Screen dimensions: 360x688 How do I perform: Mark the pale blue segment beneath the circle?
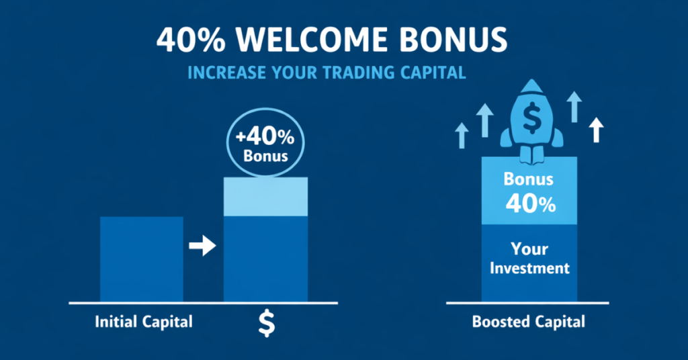[265, 196]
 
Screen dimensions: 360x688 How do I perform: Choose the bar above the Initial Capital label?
[141, 259]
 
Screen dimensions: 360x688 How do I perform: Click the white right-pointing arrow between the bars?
[202, 246]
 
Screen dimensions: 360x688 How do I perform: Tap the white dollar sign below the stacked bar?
[267, 323]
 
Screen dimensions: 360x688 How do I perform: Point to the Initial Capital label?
[144, 322]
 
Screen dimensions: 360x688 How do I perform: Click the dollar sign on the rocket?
[531, 119]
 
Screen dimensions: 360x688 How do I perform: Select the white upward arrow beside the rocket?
[595, 129]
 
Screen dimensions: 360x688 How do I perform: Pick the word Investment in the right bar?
[529, 268]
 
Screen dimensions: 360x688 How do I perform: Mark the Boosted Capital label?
[528, 322]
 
